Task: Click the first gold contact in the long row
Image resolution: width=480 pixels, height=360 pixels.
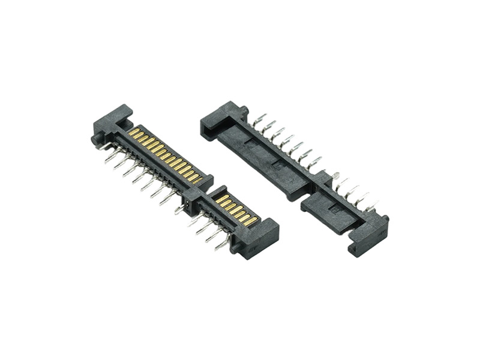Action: pos(133,131)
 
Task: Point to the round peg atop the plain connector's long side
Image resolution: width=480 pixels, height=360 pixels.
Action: pos(244,110)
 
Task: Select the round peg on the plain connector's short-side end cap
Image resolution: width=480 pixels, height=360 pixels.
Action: pos(385,220)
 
